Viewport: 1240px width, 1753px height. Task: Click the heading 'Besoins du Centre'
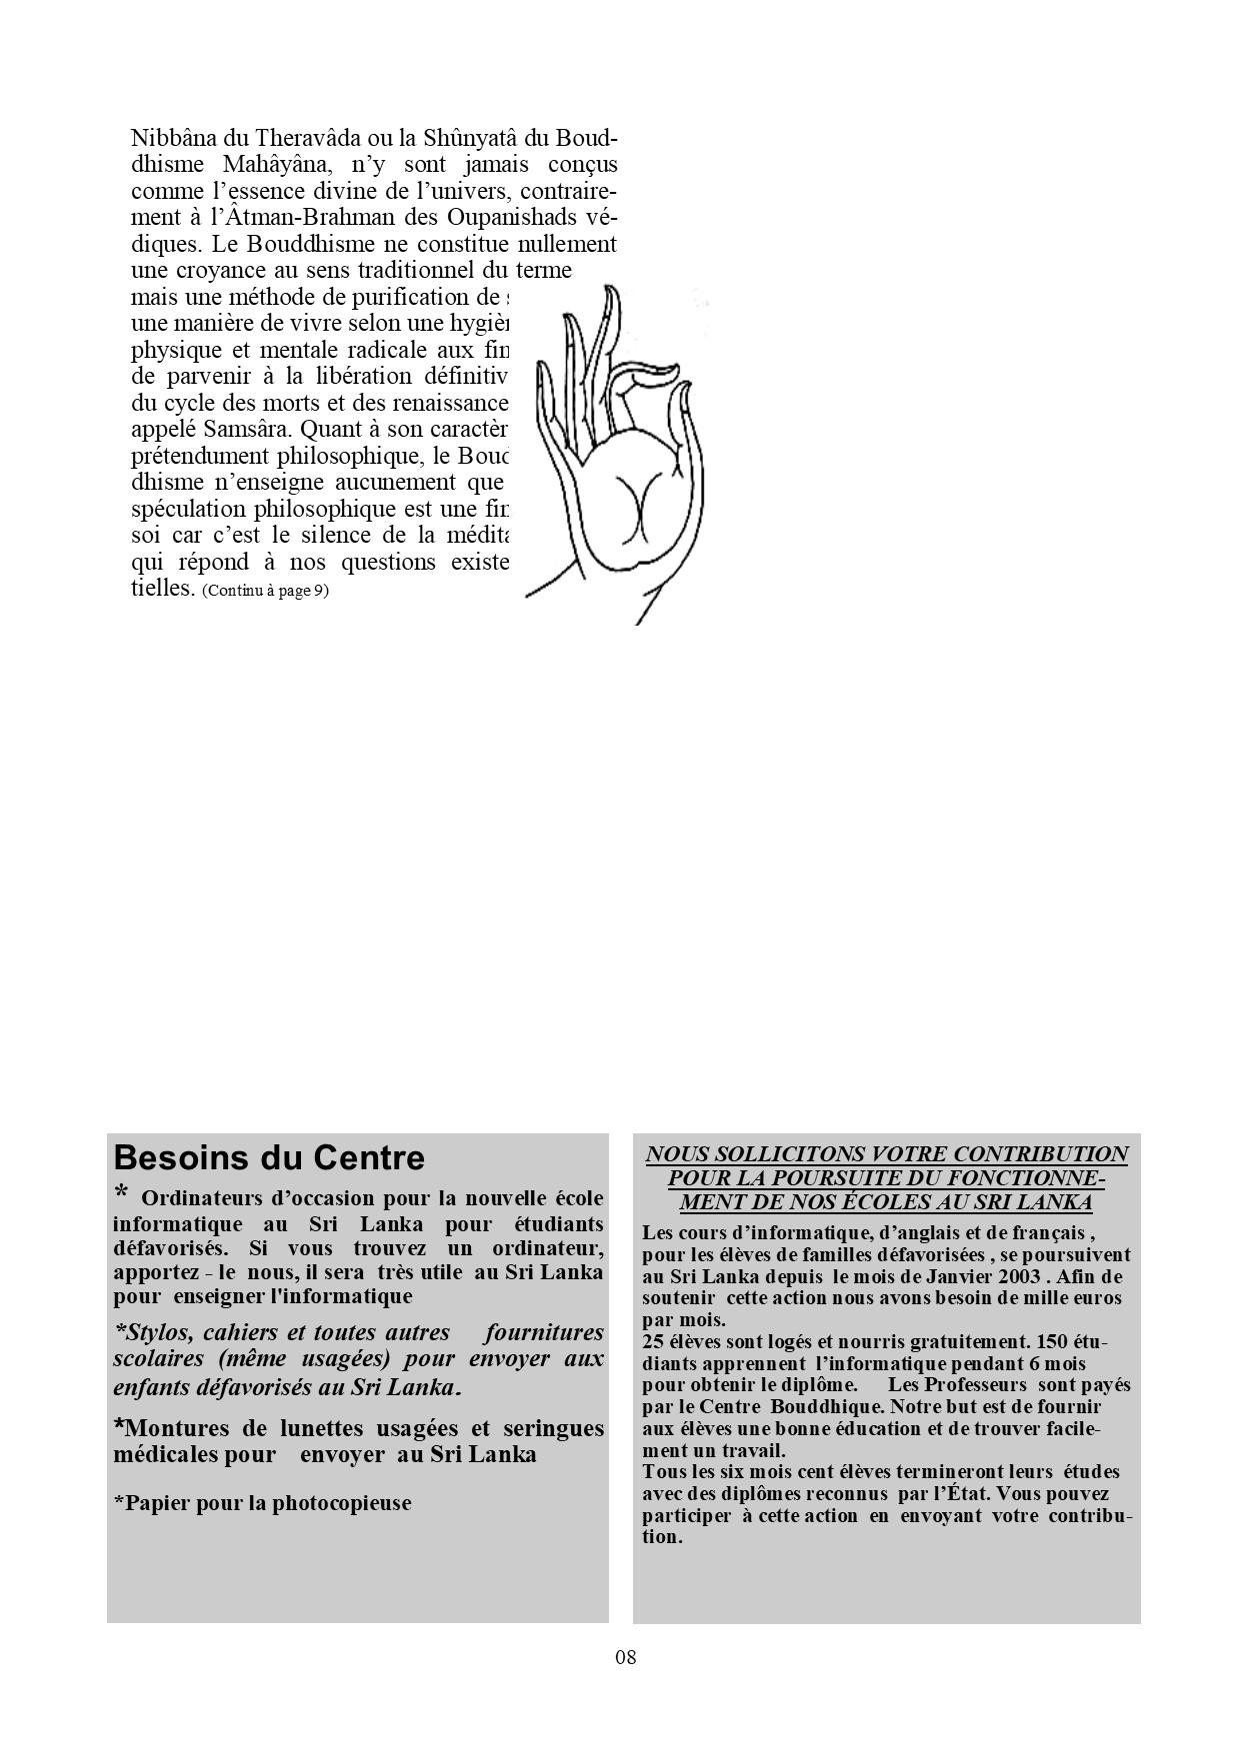pyautogui.click(x=269, y=1158)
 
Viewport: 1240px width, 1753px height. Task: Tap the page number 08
pyautogui.click(x=626, y=1657)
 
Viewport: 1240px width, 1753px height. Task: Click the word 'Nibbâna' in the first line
pyautogui.click(x=167, y=137)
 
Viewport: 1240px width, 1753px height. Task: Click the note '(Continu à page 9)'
pyautogui.click(x=265, y=590)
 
